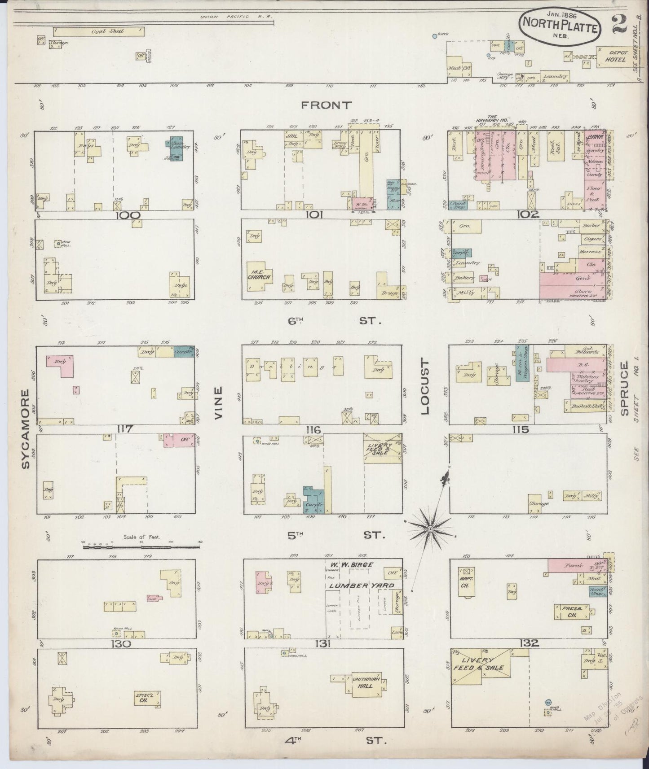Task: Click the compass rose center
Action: click(x=430, y=529)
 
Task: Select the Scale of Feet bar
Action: click(x=142, y=547)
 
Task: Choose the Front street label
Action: click(x=326, y=105)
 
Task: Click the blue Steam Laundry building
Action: click(x=177, y=149)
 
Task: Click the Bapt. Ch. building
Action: click(x=464, y=582)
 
